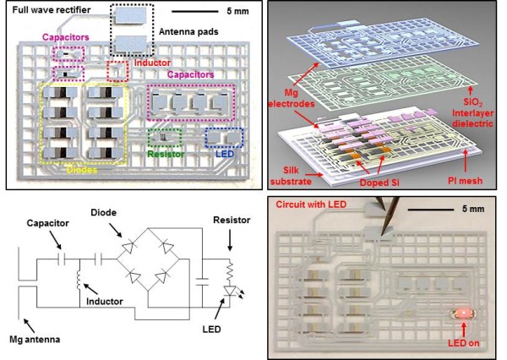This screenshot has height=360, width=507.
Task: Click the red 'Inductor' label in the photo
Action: (152, 63)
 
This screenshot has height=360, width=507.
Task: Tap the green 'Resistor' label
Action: (166, 155)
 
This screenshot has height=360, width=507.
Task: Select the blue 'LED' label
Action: (225, 154)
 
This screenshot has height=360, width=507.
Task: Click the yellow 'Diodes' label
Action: (82, 170)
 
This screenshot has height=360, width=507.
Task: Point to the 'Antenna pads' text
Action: (188, 32)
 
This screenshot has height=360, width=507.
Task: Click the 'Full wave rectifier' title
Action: (52, 10)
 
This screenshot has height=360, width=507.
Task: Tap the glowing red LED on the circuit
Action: (464, 314)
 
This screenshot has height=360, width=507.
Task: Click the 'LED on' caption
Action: (463, 343)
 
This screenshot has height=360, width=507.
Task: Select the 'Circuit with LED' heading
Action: (311, 205)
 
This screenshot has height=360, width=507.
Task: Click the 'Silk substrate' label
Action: (291, 176)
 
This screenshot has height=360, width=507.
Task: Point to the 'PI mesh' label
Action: (465, 181)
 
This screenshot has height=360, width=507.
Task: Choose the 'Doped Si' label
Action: (379, 183)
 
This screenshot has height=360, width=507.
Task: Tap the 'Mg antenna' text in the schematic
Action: (35, 340)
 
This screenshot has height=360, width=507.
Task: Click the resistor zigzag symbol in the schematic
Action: (230, 272)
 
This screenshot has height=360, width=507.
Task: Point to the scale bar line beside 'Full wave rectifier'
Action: (195, 11)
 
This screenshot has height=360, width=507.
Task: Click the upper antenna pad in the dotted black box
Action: (131, 15)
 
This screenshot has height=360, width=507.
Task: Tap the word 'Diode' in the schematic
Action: (103, 212)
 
